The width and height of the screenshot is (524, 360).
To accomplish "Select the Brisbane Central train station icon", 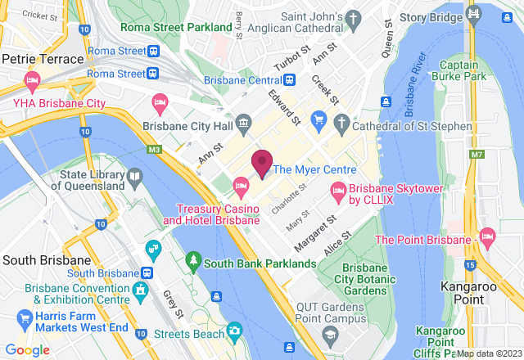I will point(289,80).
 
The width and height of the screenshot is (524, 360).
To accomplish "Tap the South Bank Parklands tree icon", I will point(193,262).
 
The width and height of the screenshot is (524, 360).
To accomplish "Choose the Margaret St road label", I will point(311,233).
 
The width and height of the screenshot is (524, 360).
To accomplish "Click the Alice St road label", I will point(337,244).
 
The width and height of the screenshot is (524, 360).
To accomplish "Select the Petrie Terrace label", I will point(43,59).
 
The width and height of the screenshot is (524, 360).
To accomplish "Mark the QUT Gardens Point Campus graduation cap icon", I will point(329,335).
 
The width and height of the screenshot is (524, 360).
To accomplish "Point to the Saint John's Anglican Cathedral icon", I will point(353,18).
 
